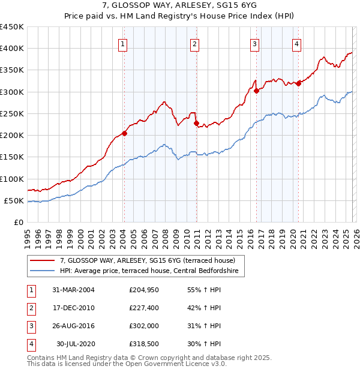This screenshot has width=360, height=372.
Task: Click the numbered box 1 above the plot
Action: point(122,43)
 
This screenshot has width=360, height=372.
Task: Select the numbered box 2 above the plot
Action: point(195,43)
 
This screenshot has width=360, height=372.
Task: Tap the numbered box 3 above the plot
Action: point(254,43)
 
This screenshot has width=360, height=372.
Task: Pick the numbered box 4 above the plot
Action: point(297,43)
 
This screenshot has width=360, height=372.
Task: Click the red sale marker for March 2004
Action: point(124,133)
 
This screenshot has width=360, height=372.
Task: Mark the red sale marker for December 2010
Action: point(196,124)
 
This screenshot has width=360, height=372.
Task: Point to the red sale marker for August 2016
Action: point(256,91)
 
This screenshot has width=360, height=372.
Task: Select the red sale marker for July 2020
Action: point(298,84)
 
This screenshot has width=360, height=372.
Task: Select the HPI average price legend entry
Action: point(149,272)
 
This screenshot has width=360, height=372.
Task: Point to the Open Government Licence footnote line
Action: point(127,364)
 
